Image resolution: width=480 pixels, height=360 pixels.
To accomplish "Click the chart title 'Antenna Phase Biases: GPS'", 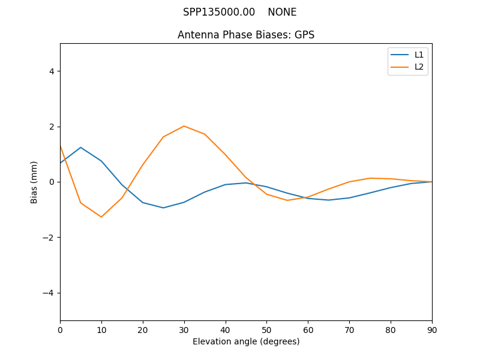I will pos(246,35).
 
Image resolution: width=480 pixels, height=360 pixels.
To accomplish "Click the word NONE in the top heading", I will pos(282,12).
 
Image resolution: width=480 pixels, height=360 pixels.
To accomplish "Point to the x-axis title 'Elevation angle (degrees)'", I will pos(246,341).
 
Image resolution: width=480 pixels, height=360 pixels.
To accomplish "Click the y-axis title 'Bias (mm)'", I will pos(34,182).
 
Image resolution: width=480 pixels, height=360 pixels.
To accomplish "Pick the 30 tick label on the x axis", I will pos(184,329).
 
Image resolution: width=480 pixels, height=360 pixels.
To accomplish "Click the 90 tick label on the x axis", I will pos(432,329).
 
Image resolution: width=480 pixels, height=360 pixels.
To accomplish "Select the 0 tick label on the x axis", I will pos(60,329).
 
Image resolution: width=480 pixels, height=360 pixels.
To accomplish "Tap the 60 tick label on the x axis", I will pos(308,329).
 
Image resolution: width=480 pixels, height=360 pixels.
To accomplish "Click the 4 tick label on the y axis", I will pos(52,71).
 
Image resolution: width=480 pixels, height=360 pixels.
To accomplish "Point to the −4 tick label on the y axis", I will pos(49,293).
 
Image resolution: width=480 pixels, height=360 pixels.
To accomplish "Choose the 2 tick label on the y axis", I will pos(52,127).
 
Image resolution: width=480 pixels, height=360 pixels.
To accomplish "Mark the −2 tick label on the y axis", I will pos(49,238).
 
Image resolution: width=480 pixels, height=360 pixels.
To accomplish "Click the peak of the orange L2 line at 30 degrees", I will pos(184,126).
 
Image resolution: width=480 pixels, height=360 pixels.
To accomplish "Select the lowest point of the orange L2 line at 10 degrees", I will pos(101,217).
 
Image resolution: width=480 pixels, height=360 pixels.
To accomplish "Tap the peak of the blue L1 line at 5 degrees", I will pos(80,148).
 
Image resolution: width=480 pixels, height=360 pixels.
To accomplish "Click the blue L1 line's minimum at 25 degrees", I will pos(163,208).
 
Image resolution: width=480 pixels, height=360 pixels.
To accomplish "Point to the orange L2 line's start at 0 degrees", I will pos(61,146).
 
